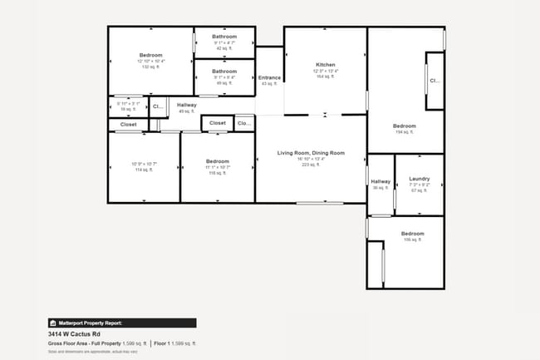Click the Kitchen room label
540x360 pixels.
(x=325, y=65)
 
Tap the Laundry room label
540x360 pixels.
(x=420, y=179)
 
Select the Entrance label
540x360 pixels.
(x=270, y=78)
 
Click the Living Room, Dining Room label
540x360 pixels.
(x=311, y=153)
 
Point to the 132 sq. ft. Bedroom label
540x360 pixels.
(x=151, y=55)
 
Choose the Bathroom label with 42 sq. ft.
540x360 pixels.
(x=224, y=37)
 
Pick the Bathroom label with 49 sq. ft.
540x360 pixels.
(x=224, y=72)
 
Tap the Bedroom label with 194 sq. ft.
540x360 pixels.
(x=405, y=126)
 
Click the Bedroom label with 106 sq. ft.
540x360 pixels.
(x=413, y=234)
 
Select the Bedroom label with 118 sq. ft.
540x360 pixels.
(x=218, y=161)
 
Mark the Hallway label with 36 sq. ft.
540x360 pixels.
(x=380, y=181)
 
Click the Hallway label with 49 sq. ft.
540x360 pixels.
(x=186, y=105)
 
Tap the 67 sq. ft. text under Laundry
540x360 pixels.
(x=420, y=190)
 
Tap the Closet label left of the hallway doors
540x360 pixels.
(x=128, y=125)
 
